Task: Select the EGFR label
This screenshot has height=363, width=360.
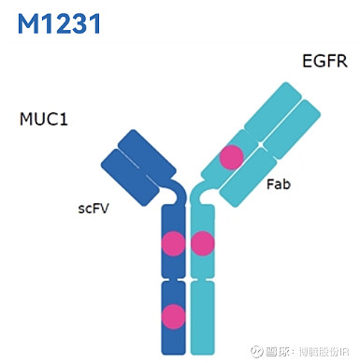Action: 324,63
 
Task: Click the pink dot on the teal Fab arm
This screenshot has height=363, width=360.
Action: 231,157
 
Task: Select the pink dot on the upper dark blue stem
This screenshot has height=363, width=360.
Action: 173,245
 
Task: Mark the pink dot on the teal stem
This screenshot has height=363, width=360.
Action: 203,245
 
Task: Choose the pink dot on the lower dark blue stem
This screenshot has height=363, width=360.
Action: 173,316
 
